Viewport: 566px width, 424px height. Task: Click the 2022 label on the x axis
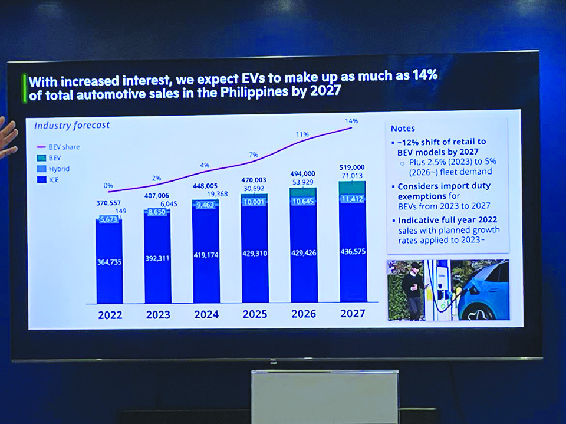tap(110, 314)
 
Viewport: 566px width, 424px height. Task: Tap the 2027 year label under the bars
tap(353, 313)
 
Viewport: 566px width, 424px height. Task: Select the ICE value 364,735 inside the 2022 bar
tap(109, 261)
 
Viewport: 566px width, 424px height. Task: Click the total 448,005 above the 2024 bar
tap(205, 185)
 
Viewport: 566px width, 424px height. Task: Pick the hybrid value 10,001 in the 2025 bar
tap(254, 202)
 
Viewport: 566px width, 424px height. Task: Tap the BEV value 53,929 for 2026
tap(302, 182)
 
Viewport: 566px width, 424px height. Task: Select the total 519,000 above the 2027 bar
tap(352, 167)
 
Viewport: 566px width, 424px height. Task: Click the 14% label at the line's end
tap(352, 120)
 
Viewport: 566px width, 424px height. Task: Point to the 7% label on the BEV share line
tap(254, 155)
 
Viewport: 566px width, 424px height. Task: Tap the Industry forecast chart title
tap(72, 126)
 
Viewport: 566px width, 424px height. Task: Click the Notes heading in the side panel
tap(403, 129)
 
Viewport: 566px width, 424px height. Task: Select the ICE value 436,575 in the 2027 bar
tap(353, 251)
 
